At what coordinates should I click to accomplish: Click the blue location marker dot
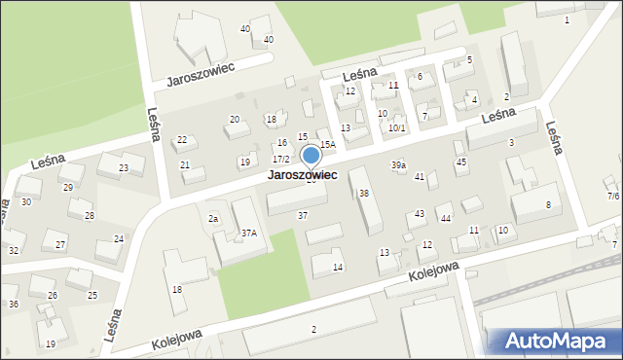(311, 155)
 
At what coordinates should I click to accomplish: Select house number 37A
(249, 233)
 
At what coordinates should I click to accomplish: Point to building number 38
(364, 194)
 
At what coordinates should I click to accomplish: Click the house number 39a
(399, 165)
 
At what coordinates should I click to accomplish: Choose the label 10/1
(397, 127)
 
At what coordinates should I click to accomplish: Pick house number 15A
(328, 144)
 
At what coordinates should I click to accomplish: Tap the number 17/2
(280, 159)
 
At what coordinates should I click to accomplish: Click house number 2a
(212, 219)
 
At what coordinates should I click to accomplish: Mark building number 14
(338, 267)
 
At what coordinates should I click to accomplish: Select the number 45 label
(461, 162)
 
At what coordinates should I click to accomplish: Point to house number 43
(420, 213)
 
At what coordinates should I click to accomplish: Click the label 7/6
(613, 196)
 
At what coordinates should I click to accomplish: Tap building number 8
(548, 204)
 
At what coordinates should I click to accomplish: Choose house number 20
(234, 119)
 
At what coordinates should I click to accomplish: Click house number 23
(124, 168)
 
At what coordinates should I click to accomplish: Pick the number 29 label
(67, 187)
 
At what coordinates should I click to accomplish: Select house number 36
(14, 305)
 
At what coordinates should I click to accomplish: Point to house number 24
(118, 238)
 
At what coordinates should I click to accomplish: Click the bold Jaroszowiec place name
(303, 175)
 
